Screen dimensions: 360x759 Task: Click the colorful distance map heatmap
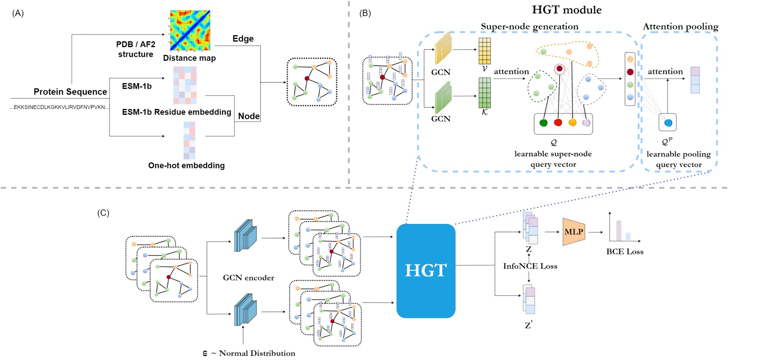point(190,30)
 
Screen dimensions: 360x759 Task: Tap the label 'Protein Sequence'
point(70,92)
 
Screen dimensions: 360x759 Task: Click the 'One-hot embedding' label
point(186,165)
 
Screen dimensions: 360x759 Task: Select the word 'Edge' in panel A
point(243,39)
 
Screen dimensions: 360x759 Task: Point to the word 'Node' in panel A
point(249,116)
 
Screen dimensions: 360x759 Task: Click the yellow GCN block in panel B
point(443,48)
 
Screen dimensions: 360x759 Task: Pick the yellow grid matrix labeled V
point(484,51)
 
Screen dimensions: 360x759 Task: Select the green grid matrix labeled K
point(484,93)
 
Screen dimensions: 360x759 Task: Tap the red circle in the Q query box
point(558,123)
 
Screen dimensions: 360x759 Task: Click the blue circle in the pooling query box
point(668,123)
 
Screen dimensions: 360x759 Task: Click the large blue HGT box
point(426,271)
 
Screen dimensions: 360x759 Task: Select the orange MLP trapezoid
point(574,232)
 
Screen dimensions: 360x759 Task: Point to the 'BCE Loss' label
point(625,251)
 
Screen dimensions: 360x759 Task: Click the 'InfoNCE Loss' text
point(530,266)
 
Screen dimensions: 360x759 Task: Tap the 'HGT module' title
point(567,10)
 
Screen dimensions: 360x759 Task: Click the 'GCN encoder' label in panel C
point(248,278)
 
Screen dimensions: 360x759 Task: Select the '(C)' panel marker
point(103,213)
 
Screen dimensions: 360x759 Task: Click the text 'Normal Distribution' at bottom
point(257,353)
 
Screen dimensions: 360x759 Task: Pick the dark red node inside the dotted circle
point(560,69)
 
